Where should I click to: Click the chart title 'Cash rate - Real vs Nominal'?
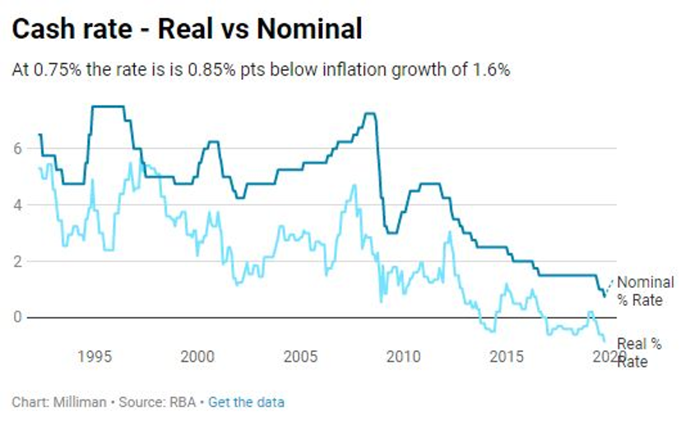187,30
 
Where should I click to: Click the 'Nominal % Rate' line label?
645,291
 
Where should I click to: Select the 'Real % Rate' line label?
639,353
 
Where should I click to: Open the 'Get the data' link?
246,402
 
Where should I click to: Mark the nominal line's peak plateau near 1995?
108,107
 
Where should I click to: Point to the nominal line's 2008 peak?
370,113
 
